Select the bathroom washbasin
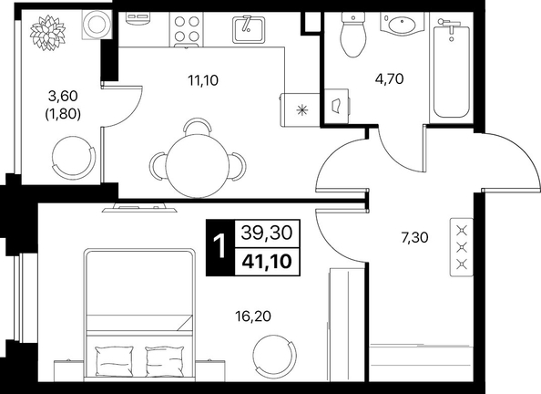tap(402, 24)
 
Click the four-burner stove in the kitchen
tap(187, 29)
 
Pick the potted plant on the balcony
tap(48, 33)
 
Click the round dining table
tap(198, 165)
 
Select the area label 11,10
tap(203, 80)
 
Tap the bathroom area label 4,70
tap(389, 79)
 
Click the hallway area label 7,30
tap(414, 237)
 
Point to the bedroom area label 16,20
tap(252, 316)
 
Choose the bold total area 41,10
tap(267, 262)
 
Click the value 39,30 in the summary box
tap(267, 233)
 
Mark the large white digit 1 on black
tap(219, 247)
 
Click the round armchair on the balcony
tap(74, 158)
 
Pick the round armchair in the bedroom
tap(275, 356)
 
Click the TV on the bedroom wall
tap(139, 209)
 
